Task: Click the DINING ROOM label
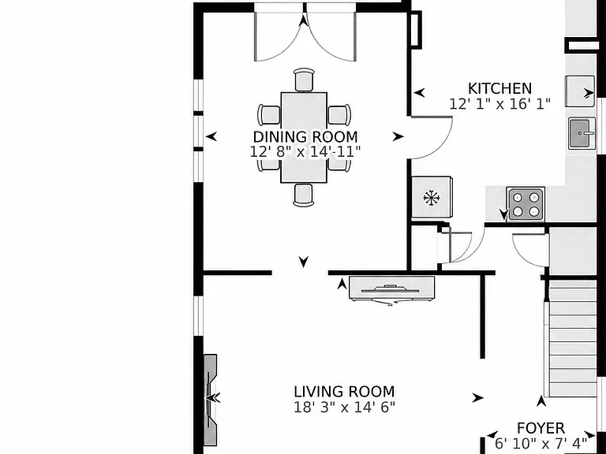[305, 137]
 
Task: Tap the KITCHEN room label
[499, 88]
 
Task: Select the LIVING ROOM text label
[344, 392]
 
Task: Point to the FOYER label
[541, 428]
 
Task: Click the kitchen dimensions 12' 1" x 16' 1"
[499, 104]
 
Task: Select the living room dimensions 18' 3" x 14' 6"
[344, 407]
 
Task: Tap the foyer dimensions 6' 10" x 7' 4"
[541, 444]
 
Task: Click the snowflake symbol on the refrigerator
[432, 198]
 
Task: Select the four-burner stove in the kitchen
[526, 204]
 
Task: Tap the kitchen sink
[582, 133]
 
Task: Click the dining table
[304, 137]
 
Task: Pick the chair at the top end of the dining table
[304, 80]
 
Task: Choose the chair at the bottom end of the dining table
[303, 195]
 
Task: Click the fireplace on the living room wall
[210, 399]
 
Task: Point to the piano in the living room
[391, 289]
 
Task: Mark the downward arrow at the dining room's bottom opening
[304, 262]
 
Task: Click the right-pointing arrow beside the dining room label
[398, 136]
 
